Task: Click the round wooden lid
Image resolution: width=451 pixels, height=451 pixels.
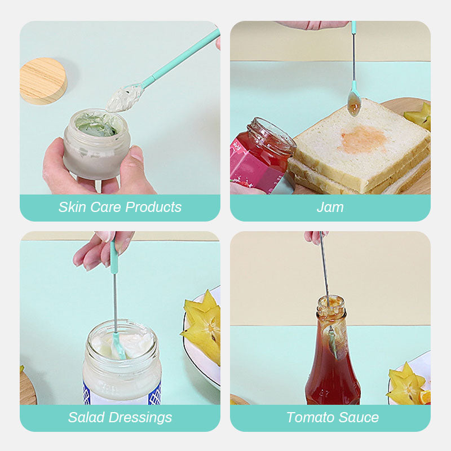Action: click(43, 81)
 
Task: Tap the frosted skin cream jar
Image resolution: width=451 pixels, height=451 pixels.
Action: click(96, 144)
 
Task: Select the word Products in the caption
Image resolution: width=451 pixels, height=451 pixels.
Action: click(153, 207)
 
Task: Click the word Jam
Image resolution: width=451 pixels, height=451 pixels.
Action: click(330, 207)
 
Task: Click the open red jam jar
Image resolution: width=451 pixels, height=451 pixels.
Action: click(261, 156)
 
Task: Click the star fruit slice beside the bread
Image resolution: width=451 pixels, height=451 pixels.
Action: click(419, 116)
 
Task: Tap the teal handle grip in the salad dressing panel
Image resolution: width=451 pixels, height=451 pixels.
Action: click(114, 257)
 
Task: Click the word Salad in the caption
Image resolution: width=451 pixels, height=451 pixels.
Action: click(86, 417)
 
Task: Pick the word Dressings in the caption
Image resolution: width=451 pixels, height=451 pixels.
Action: click(140, 418)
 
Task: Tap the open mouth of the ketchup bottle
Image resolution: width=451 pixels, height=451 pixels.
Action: click(331, 302)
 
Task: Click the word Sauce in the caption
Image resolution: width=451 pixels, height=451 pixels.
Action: click(357, 417)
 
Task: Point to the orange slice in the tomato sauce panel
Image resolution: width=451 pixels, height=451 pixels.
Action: click(425, 397)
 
